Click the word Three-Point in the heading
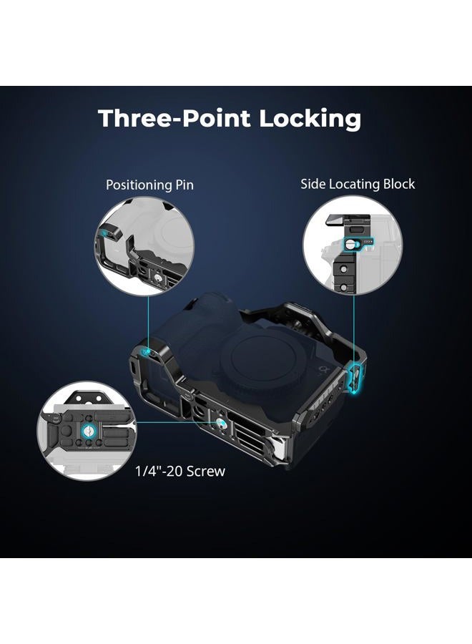(174, 118)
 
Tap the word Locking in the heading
(310, 119)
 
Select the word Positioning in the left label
(138, 185)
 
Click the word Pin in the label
(185, 185)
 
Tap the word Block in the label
(399, 184)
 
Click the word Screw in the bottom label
(206, 471)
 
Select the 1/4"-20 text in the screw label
(159, 471)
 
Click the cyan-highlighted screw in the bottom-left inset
(88, 431)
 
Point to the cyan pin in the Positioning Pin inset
(107, 233)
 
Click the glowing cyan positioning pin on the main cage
(144, 351)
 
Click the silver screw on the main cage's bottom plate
(220, 423)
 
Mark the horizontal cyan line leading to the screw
(175, 421)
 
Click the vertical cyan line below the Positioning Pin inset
(148, 321)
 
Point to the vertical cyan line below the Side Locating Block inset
(353, 328)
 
